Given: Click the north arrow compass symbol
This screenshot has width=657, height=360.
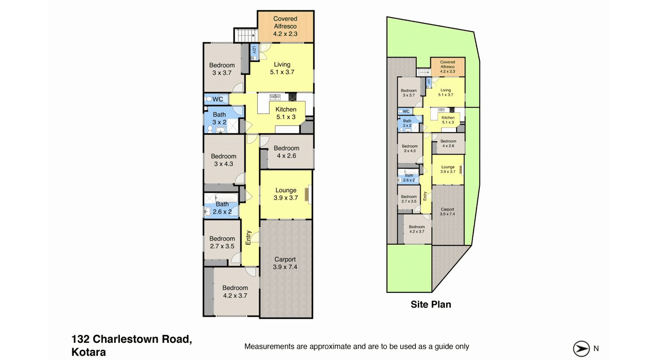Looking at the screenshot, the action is click(581, 349).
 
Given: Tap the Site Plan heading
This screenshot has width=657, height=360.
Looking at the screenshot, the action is click(430, 305).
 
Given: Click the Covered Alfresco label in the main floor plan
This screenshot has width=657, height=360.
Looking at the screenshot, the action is click(285, 26).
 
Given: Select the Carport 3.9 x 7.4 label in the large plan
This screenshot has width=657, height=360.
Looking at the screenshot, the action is click(285, 263).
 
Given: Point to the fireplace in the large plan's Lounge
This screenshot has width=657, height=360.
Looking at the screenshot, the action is click(307, 194).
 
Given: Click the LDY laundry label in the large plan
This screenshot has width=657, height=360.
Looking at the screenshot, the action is click(254, 50).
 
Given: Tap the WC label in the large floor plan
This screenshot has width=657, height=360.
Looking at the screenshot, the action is click(218, 99).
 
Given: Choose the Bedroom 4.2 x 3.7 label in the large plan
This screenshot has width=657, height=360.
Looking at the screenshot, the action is click(235, 291).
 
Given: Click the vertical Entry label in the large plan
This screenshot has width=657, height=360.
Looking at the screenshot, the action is click(248, 238).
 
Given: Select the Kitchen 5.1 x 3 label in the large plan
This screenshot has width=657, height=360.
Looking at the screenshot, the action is click(286, 113).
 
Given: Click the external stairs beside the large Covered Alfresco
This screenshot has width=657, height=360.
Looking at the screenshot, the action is click(246, 35).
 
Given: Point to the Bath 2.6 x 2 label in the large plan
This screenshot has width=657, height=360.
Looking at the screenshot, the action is click(222, 208).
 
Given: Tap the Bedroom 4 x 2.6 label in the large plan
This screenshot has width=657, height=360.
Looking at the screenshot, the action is click(286, 152).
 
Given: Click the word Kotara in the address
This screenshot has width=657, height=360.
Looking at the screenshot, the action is click(89, 352).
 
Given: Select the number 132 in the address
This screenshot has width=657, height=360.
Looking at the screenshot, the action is click(80, 339).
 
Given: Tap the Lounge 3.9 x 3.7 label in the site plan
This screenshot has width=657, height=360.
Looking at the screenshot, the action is click(448, 169).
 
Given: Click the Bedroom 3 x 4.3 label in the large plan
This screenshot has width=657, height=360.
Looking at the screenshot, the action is click(223, 160).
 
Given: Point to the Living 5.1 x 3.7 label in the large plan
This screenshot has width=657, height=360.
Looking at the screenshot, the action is click(282, 68).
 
